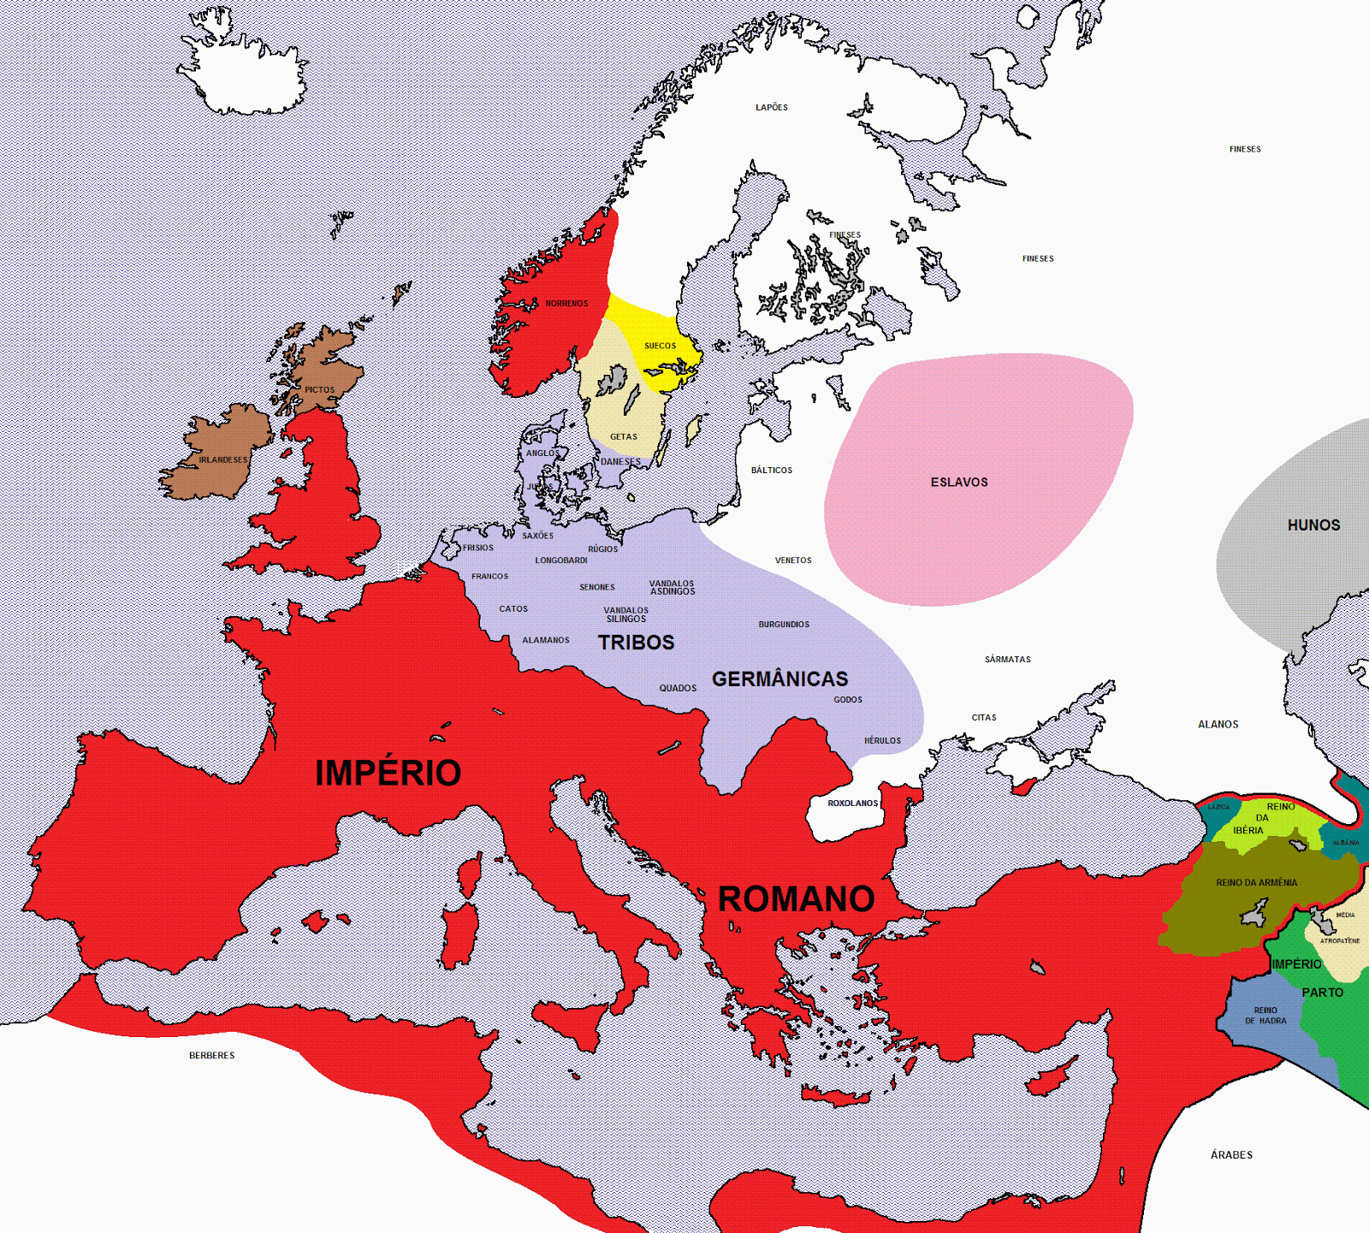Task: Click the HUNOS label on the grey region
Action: tap(1313, 525)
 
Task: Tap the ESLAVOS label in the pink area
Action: tap(959, 483)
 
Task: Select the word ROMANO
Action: tap(796, 899)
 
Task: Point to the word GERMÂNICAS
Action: tap(779, 679)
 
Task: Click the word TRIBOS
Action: tap(636, 643)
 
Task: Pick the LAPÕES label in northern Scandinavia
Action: tap(771, 108)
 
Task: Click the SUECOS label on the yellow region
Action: tap(660, 346)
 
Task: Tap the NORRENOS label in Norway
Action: tap(566, 304)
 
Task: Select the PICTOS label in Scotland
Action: tap(319, 390)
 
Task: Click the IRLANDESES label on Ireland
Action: tap(222, 460)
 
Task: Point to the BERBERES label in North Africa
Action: tap(211, 1056)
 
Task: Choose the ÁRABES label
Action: tap(1231, 1155)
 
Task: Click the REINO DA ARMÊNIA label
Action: tap(1256, 883)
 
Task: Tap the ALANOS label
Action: tap(1218, 725)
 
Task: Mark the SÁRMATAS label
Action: tap(1007, 660)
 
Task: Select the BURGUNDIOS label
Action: tap(783, 625)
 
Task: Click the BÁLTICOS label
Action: tap(771, 471)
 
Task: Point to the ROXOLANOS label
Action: tap(852, 803)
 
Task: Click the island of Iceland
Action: tap(244, 77)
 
